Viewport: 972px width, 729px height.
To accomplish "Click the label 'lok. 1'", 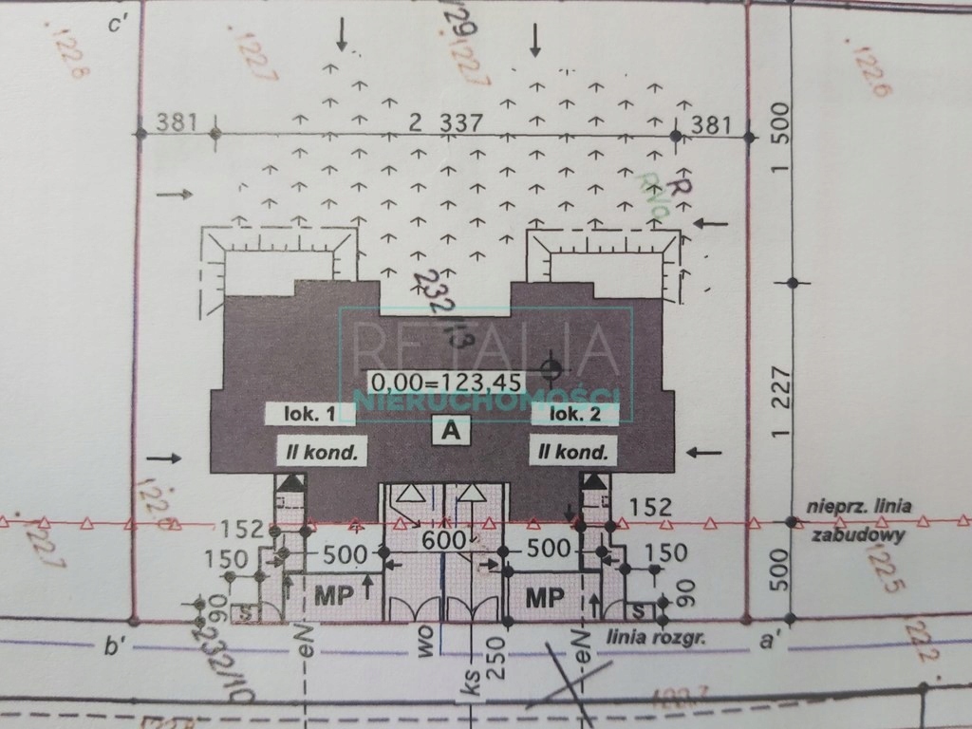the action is tap(300, 414).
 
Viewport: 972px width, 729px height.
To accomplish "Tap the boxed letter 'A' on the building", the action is tap(452, 430).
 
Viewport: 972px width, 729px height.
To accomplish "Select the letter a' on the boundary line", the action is tap(770, 641).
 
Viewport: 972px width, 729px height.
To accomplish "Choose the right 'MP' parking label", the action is tap(545, 598).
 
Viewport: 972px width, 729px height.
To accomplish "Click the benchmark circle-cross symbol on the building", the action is tap(550, 366).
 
